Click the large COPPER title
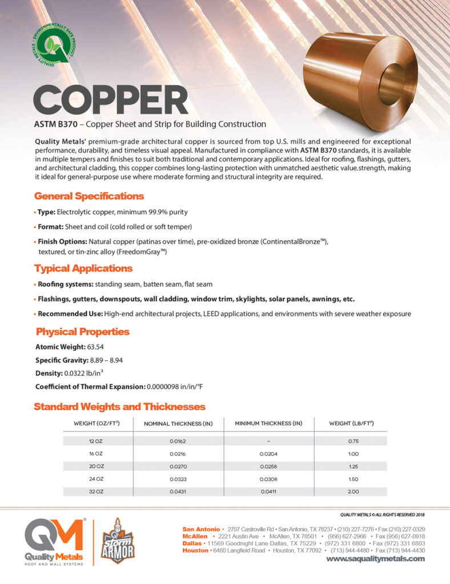tap(111, 100)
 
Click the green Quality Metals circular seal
tap(52, 47)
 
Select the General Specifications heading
tap(89, 196)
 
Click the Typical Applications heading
tap(83, 268)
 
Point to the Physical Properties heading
tap(83, 331)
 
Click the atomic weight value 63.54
tap(95, 346)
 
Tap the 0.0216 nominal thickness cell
tap(178, 453)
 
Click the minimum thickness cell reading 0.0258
tap(268, 466)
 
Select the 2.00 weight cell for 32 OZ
tap(353, 491)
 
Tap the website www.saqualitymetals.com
tap(375, 559)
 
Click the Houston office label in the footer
tap(195, 550)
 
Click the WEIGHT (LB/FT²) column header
tap(352, 423)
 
